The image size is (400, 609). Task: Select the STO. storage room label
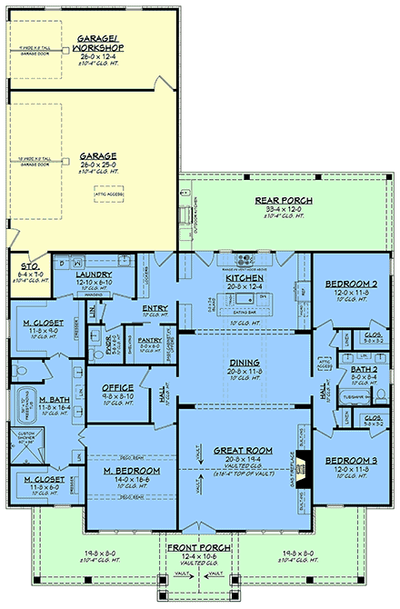[30, 268]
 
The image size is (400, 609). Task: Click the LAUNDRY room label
[95, 273]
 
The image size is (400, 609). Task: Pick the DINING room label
[245, 362]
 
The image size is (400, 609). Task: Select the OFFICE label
[117, 387]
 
